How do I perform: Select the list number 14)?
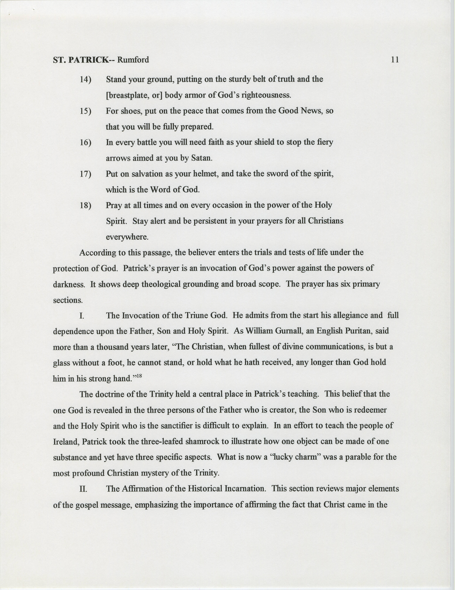pos(85,80)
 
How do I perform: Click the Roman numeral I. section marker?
pos(82,316)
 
